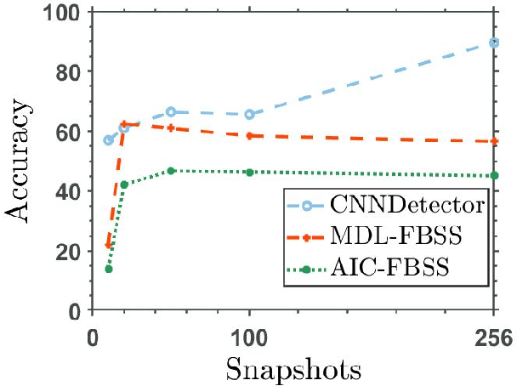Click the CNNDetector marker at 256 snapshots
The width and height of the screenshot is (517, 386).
coord(494,43)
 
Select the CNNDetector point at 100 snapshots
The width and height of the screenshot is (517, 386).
coord(249,114)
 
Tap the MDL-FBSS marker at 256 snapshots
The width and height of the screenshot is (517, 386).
coord(494,141)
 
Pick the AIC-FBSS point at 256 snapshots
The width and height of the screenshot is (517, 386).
coord(494,175)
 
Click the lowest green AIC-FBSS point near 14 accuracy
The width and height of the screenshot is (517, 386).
coord(109,269)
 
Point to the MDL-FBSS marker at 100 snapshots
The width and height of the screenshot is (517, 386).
coord(249,135)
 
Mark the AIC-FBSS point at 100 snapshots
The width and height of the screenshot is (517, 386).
coord(249,172)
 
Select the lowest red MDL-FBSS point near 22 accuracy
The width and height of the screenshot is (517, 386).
coord(109,245)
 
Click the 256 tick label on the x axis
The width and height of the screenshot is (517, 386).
coord(494,338)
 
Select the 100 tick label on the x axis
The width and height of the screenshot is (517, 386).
coord(249,338)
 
